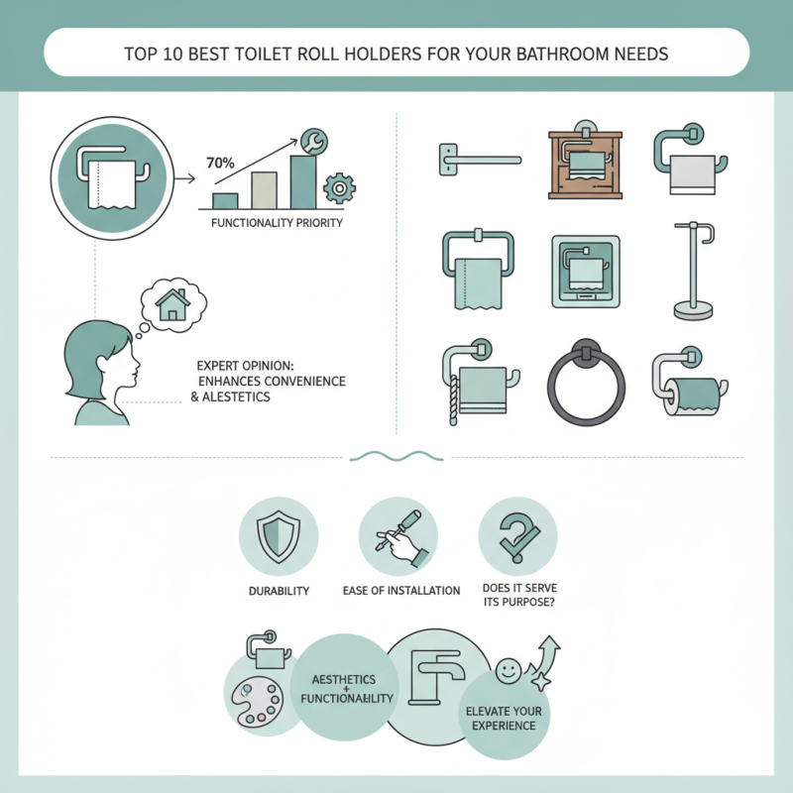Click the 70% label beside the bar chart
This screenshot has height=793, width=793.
tap(221, 162)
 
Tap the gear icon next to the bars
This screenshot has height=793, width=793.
tap(339, 187)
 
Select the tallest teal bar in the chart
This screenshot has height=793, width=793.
tap(302, 180)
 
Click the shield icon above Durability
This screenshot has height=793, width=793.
tap(279, 536)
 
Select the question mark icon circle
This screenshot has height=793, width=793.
tap(516, 536)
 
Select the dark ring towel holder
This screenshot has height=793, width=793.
tap(586, 386)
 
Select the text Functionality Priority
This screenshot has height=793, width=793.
tap(277, 223)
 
